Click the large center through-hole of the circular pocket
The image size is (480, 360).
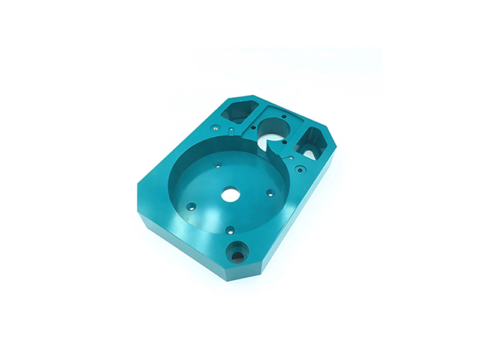point(230,194)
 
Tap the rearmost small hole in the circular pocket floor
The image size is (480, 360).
point(219,163)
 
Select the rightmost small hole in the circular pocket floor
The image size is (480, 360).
point(271,193)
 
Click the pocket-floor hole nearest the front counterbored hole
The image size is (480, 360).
point(230,229)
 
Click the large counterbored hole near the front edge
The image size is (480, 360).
point(236,252)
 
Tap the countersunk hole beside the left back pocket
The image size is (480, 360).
point(214,127)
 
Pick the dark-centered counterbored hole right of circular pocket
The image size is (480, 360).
point(299,169)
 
